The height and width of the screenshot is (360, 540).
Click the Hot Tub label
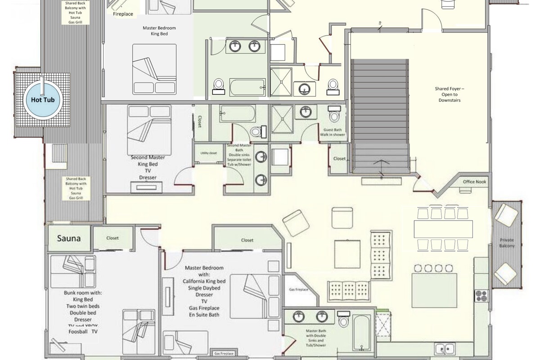[x=42, y=99]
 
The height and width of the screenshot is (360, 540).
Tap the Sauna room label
[x=69, y=238]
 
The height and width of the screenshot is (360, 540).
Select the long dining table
[x=443, y=229]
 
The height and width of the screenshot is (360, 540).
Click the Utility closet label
[x=208, y=153]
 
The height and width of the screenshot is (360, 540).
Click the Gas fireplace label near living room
[x=298, y=290]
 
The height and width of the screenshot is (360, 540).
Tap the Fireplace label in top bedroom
[x=123, y=14]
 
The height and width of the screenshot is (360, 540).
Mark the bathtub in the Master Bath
[x=361, y=332]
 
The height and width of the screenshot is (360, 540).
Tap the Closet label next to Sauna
[x=112, y=238]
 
